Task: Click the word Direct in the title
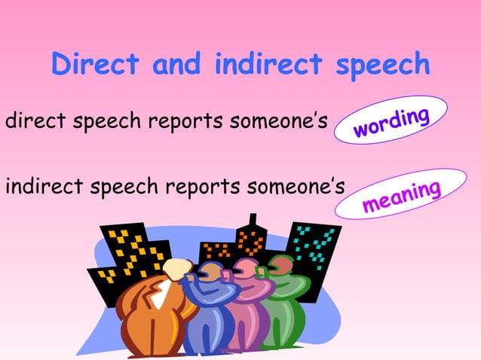click(x=95, y=66)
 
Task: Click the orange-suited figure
click(x=155, y=316)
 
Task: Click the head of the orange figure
click(x=178, y=270)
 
